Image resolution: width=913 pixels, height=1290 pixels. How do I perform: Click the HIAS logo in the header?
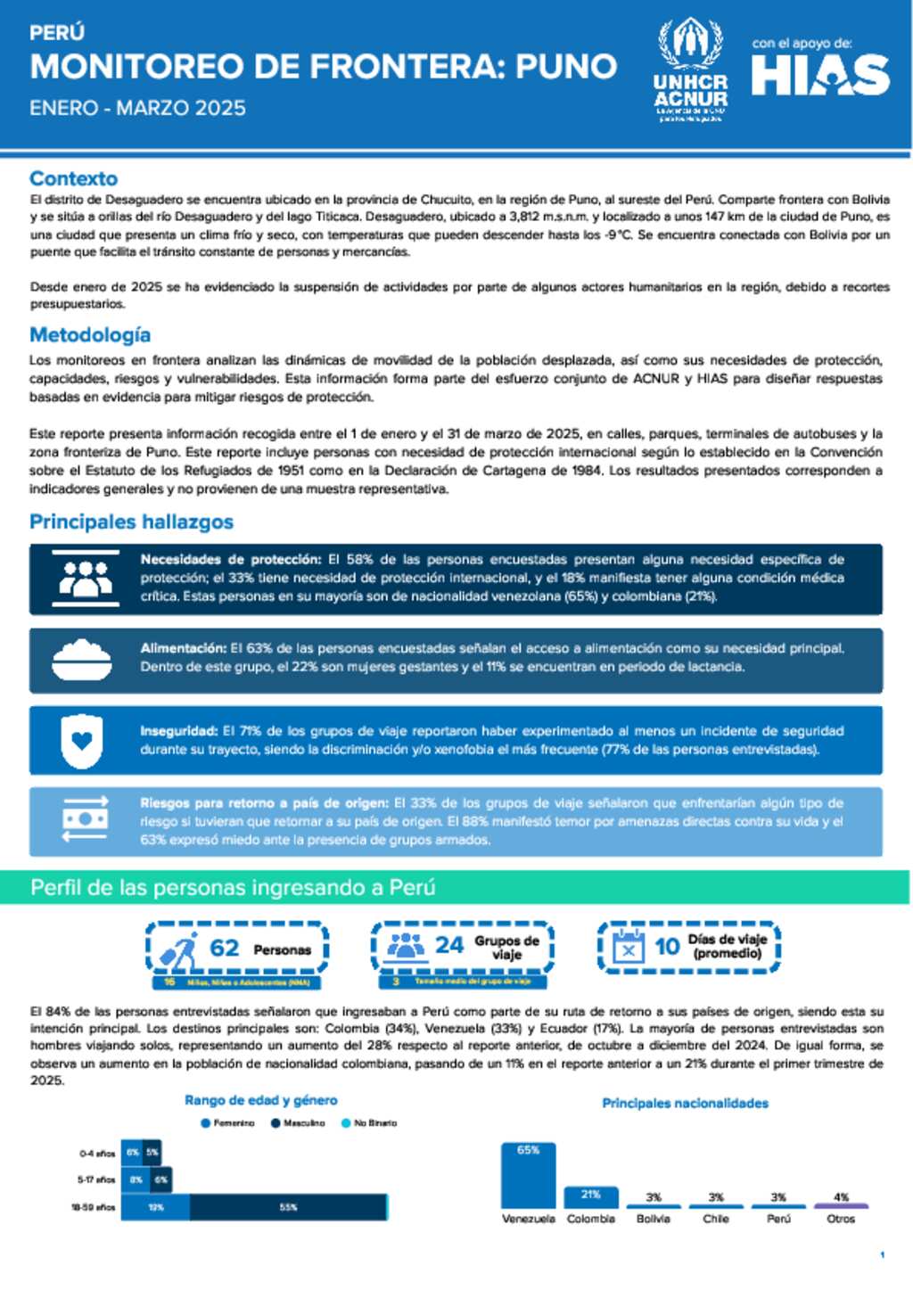click(x=820, y=75)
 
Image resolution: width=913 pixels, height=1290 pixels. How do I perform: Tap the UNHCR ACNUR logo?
click(x=690, y=70)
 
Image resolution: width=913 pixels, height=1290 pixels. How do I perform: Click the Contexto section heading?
click(x=73, y=178)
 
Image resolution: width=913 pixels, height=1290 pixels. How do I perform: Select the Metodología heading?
click(x=90, y=335)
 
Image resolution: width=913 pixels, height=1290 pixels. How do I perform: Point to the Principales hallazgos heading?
click(x=131, y=522)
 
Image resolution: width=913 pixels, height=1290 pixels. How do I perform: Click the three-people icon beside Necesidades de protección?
click(x=85, y=579)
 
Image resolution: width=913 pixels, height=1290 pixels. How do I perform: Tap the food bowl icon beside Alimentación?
click(x=81, y=661)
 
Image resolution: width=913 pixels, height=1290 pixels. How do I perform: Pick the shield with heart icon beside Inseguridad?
click(x=81, y=741)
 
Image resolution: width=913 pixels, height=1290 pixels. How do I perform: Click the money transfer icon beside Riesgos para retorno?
click(x=85, y=820)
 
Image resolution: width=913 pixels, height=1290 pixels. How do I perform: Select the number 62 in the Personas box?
click(x=225, y=948)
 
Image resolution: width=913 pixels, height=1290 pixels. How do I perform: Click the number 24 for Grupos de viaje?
click(x=449, y=945)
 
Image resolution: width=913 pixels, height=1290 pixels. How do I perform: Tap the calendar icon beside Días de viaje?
click(x=629, y=947)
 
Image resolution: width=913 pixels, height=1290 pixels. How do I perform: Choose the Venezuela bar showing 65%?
click(x=528, y=1175)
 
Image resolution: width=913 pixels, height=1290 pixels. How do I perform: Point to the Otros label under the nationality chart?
click(x=841, y=1219)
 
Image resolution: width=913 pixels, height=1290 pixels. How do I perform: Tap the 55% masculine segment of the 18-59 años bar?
click(x=288, y=1207)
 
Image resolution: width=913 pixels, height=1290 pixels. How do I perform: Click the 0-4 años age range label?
click(x=97, y=1154)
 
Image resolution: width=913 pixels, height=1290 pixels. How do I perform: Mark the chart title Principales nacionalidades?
click(x=685, y=1104)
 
